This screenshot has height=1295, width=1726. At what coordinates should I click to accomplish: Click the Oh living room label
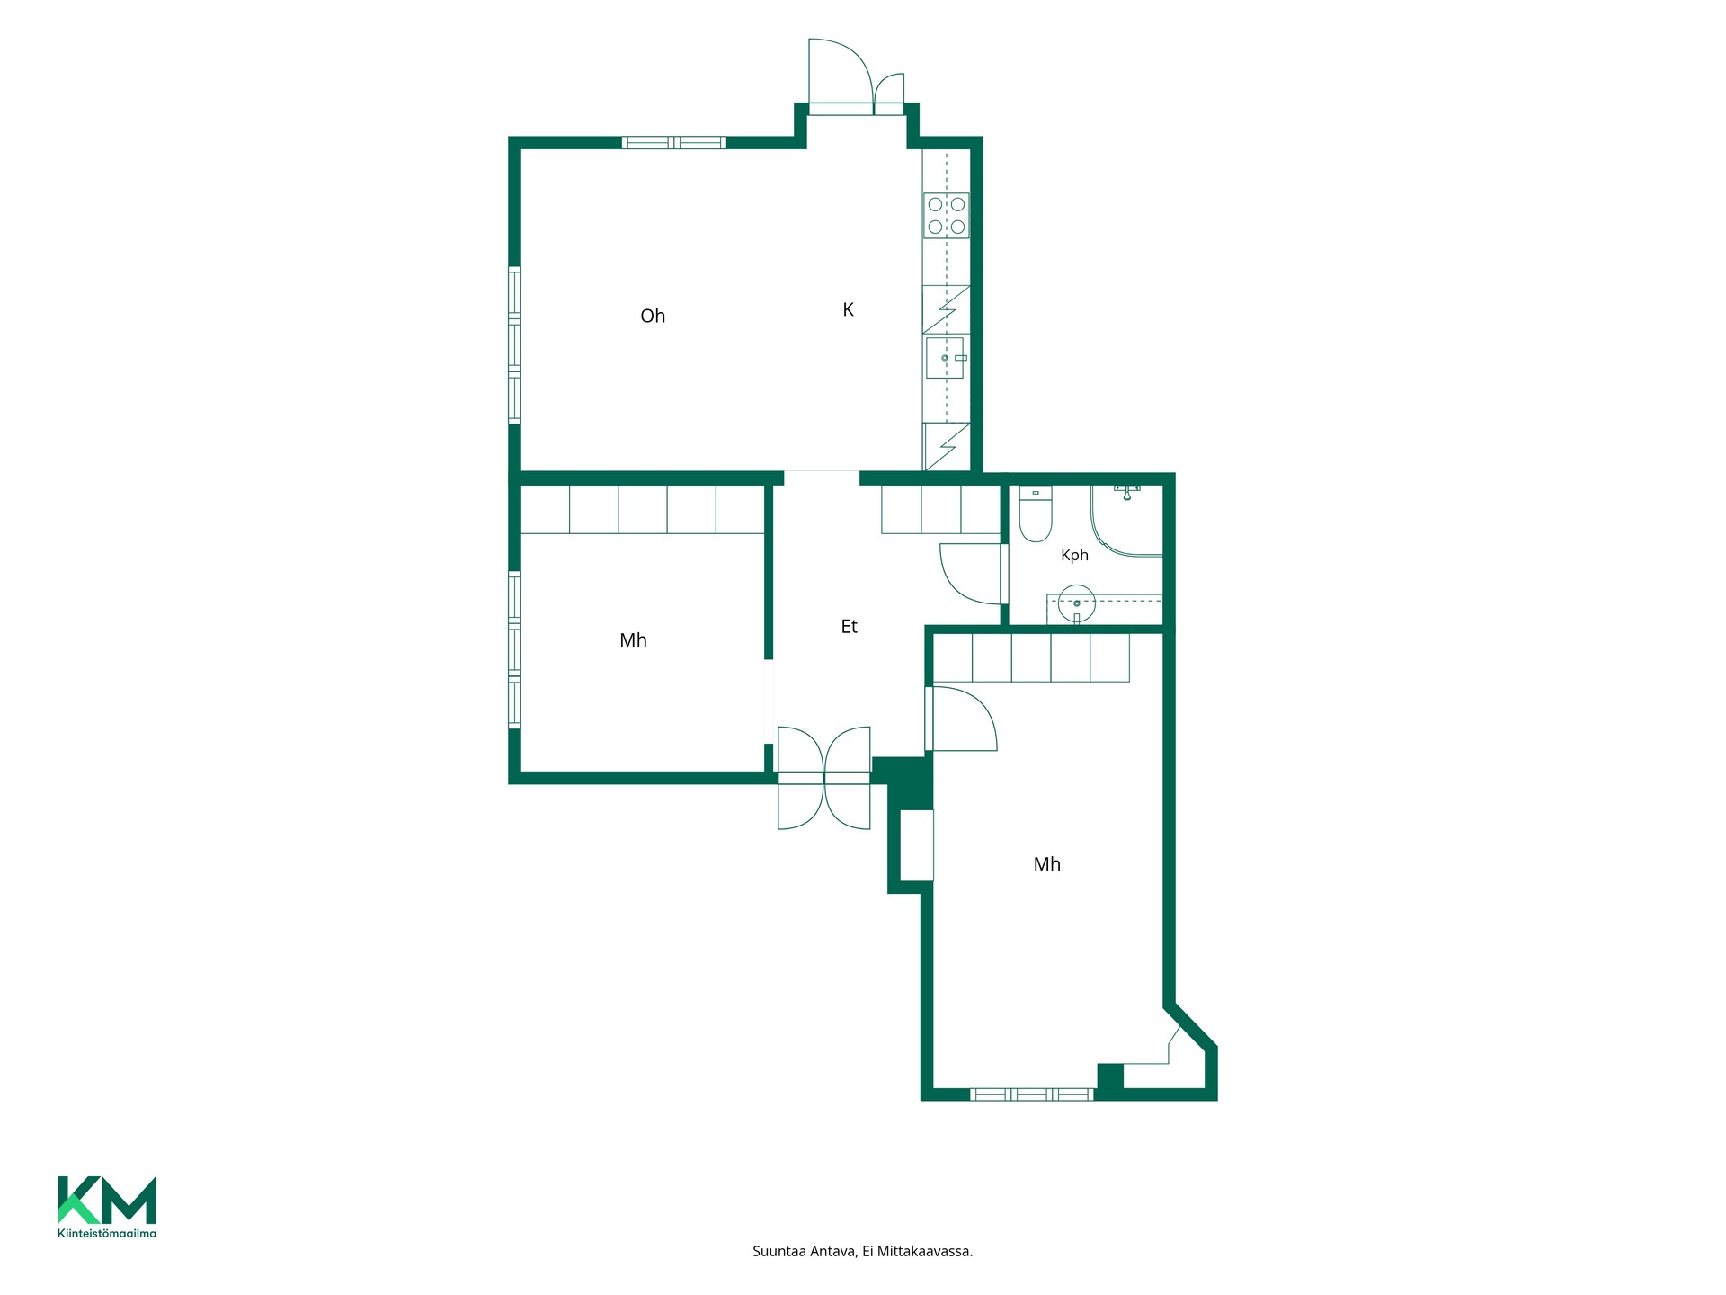click(x=653, y=316)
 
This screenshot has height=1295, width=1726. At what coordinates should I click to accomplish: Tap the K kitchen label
click(x=848, y=309)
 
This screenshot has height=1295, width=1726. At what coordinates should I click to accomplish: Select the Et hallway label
click(x=850, y=627)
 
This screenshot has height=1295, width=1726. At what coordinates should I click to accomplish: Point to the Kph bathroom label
click(x=1074, y=555)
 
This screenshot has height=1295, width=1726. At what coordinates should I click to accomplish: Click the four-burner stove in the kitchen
click(x=947, y=216)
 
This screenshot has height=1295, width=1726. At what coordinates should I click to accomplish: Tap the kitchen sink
click(x=946, y=358)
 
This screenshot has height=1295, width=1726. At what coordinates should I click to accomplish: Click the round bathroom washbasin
click(x=1076, y=603)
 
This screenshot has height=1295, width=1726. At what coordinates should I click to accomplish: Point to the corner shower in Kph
click(x=1127, y=520)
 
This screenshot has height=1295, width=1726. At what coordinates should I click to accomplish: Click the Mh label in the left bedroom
click(x=633, y=640)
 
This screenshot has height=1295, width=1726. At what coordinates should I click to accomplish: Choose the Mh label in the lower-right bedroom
click(x=1047, y=864)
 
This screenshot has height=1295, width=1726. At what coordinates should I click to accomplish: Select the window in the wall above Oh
click(x=673, y=142)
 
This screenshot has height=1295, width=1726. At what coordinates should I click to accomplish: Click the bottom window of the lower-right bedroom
click(x=1032, y=1094)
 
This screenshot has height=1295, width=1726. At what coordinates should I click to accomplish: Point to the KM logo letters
click(x=107, y=1201)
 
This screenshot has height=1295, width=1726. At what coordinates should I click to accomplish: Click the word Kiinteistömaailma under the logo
click(x=107, y=1234)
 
